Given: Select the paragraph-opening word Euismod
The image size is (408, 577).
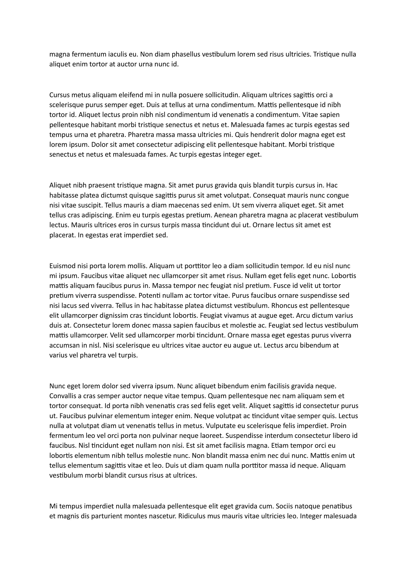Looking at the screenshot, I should coord(60,266).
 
